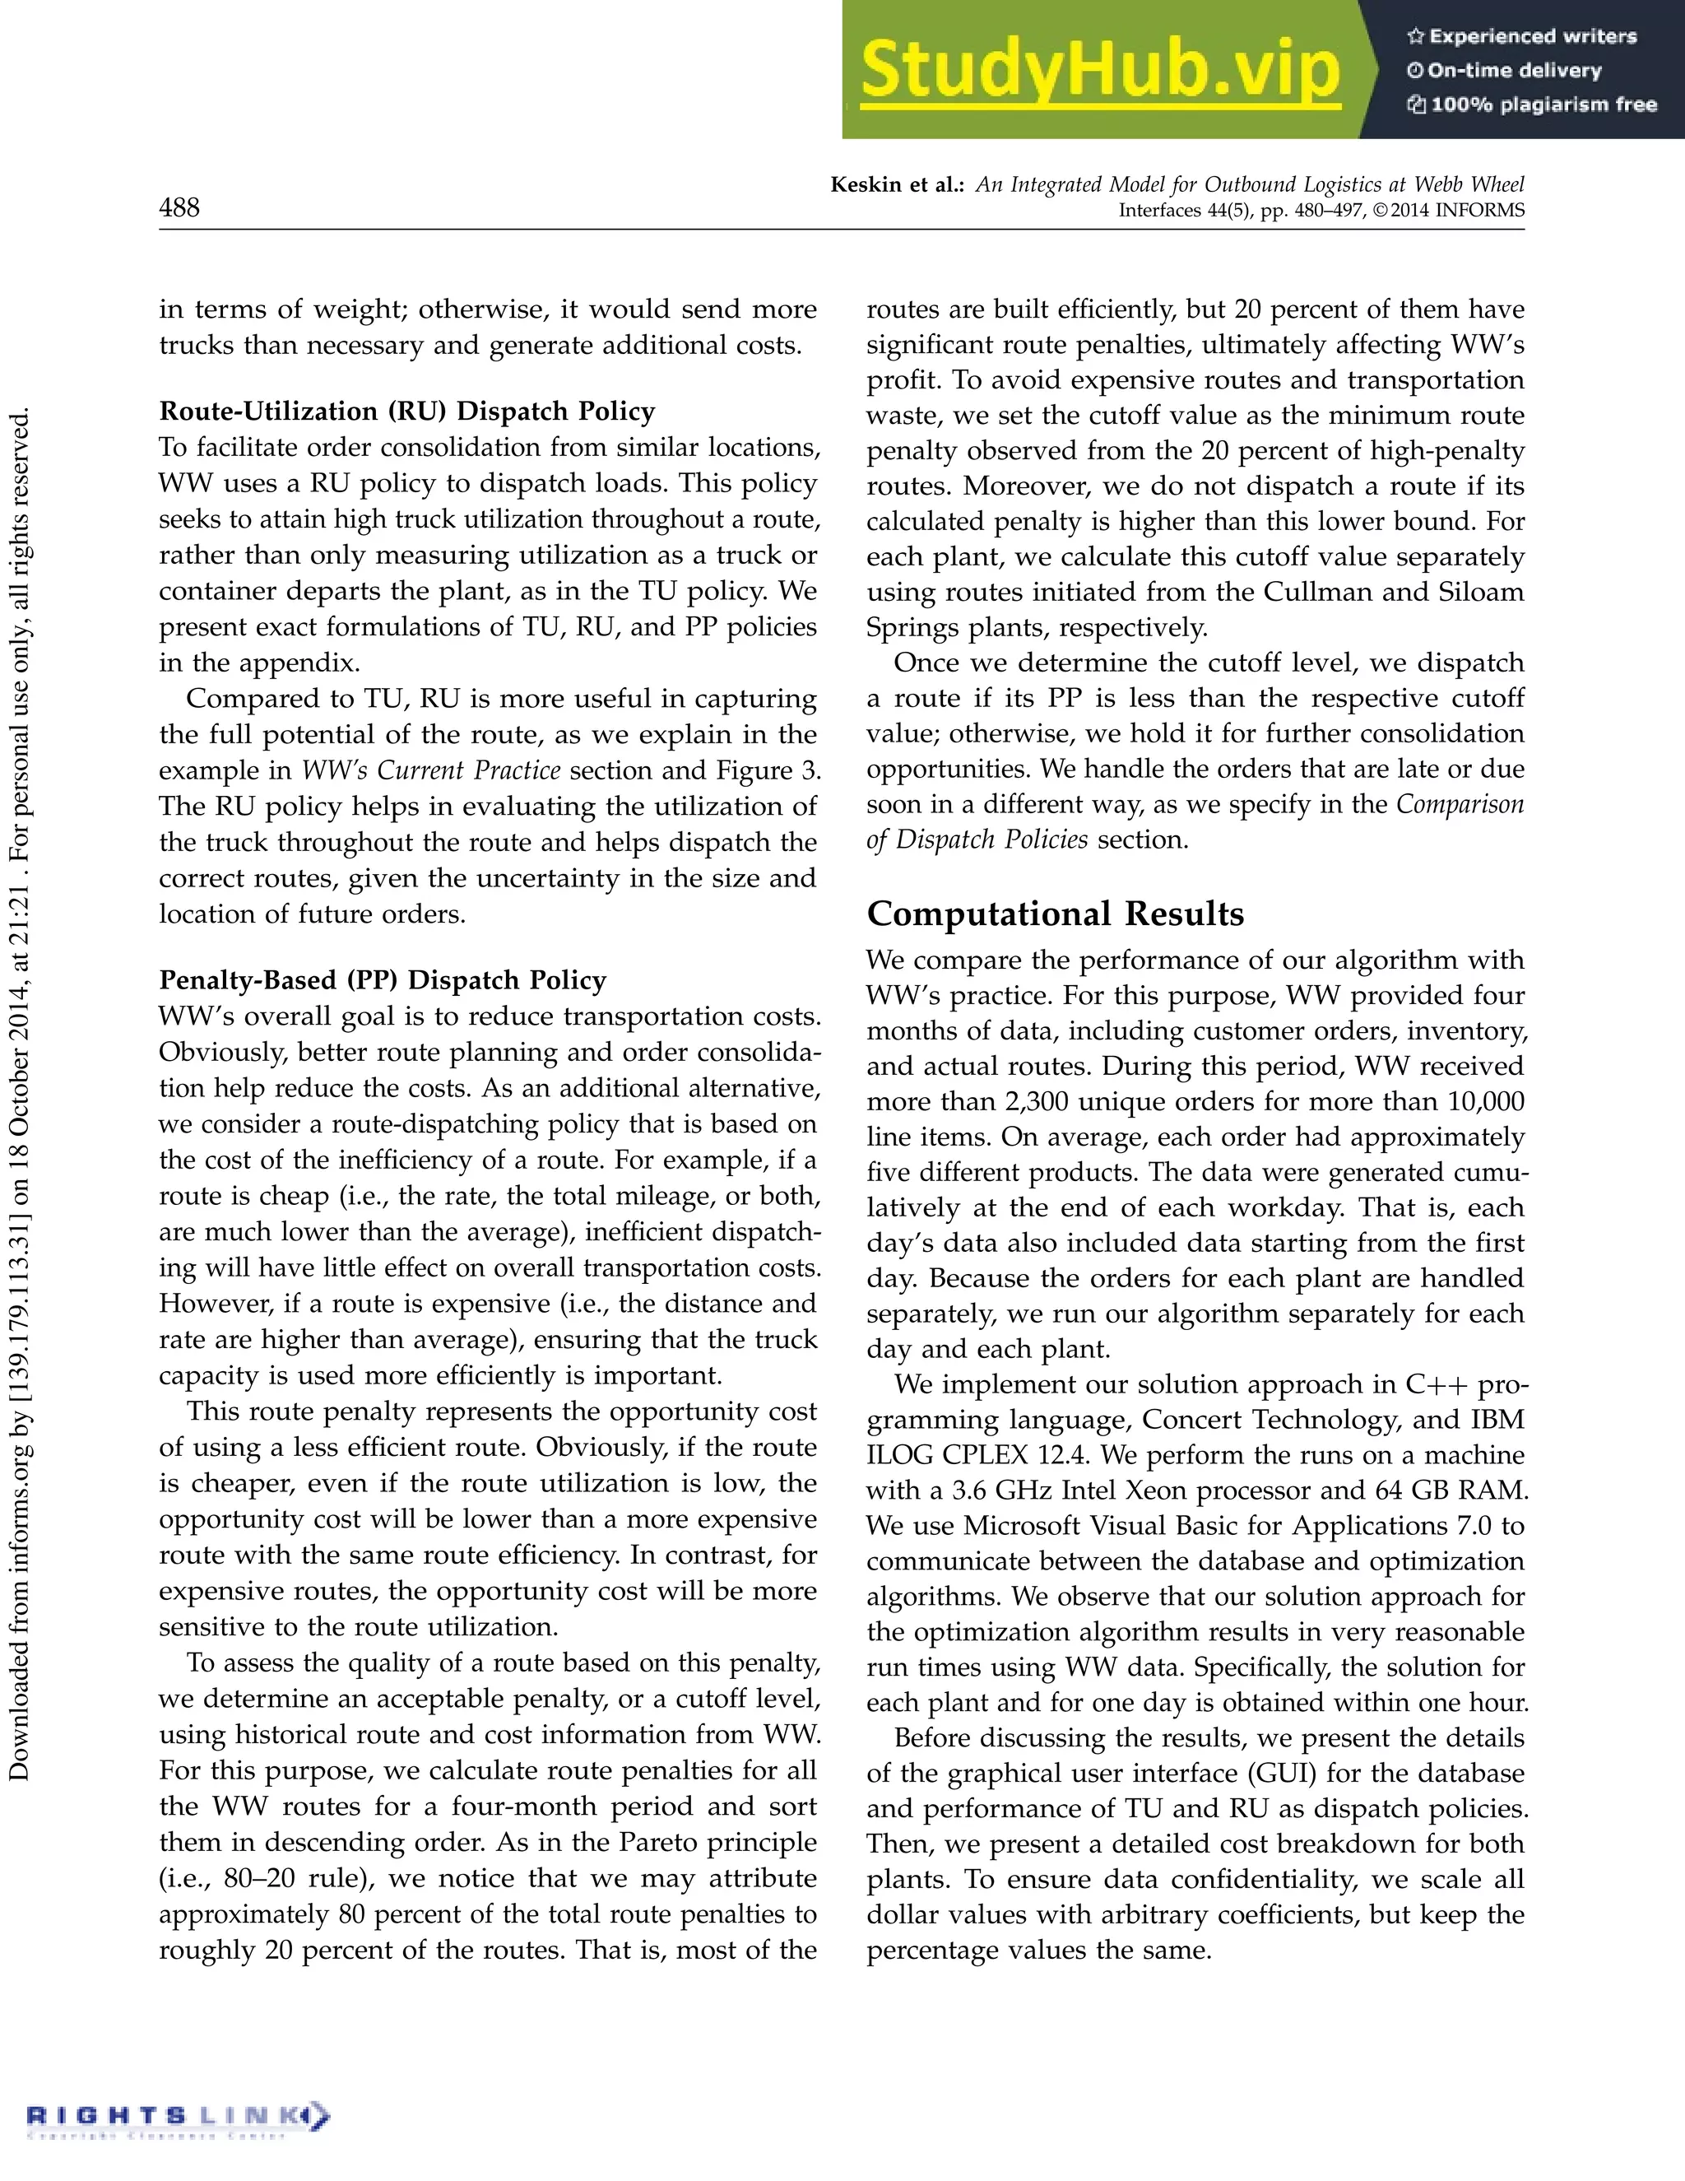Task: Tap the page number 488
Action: pos(179,207)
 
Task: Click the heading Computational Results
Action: pos(1055,914)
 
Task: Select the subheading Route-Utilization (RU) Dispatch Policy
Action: pos(407,412)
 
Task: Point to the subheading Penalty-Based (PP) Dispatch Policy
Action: pos(383,979)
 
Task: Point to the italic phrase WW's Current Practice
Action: pos(431,771)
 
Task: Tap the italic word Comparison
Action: pos(1460,805)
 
